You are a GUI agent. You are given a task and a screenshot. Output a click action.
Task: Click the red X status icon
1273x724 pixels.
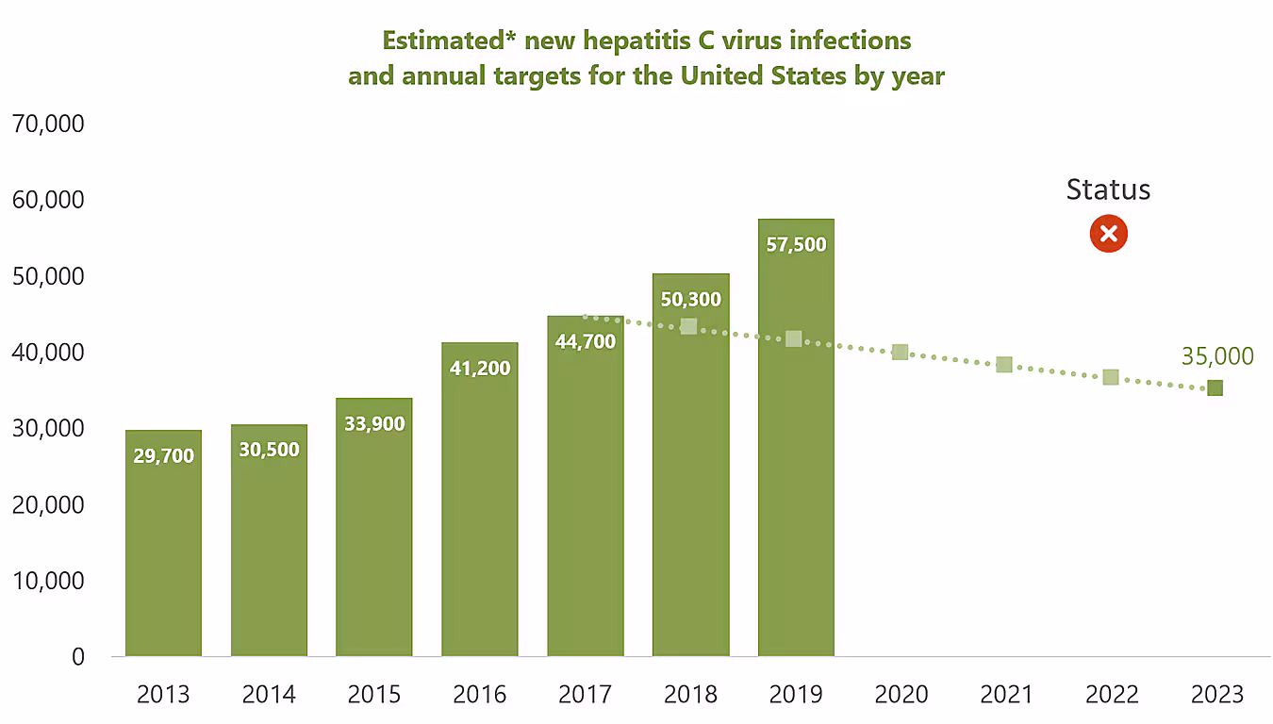[x=1108, y=234]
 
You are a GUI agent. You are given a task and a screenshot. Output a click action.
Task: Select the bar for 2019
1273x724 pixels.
[x=796, y=452]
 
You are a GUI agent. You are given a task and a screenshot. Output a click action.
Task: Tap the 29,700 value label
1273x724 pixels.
[x=163, y=456]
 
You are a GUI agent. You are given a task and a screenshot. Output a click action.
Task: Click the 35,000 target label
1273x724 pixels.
[x=1216, y=356]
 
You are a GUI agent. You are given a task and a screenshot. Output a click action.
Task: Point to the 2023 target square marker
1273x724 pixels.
[x=1215, y=387]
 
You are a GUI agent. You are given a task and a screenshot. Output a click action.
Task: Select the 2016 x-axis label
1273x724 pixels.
[x=479, y=695]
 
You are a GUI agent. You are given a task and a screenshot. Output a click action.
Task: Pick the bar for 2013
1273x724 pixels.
[x=163, y=556]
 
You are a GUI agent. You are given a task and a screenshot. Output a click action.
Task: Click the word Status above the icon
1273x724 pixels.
[x=1108, y=189]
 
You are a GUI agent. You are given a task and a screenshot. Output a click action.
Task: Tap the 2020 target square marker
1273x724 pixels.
[x=900, y=352]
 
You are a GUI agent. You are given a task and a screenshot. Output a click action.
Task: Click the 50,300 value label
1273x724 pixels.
[x=690, y=300]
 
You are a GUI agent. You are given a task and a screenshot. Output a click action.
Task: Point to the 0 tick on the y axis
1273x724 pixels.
[x=78, y=657]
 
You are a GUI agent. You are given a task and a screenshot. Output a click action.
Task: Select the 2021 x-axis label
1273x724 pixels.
[x=1006, y=695]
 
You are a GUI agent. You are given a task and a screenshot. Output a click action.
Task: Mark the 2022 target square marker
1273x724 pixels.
[x=1111, y=377]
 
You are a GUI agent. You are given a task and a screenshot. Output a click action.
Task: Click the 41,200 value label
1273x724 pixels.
[x=479, y=368]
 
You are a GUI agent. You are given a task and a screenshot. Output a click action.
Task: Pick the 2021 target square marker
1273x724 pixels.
[x=1004, y=365]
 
